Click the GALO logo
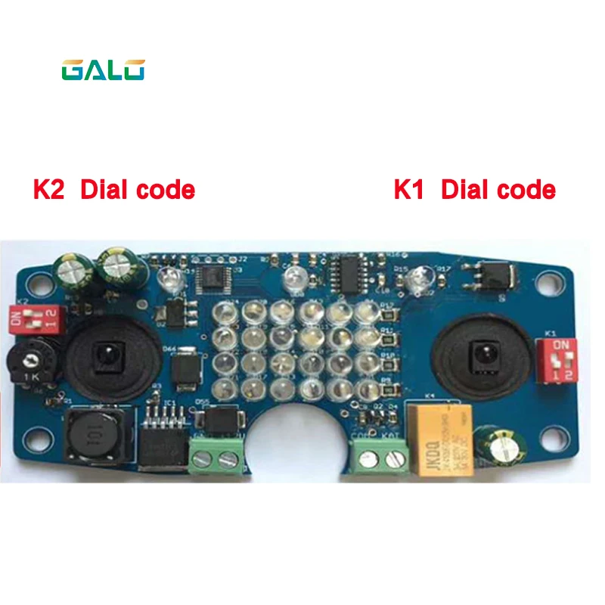click(103, 70)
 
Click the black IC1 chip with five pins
click(160, 439)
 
